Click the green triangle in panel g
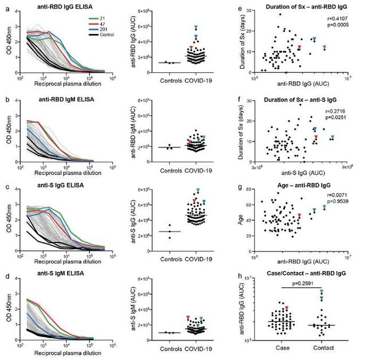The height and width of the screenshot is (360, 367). tap(325, 206)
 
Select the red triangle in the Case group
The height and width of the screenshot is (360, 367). tap(286, 308)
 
